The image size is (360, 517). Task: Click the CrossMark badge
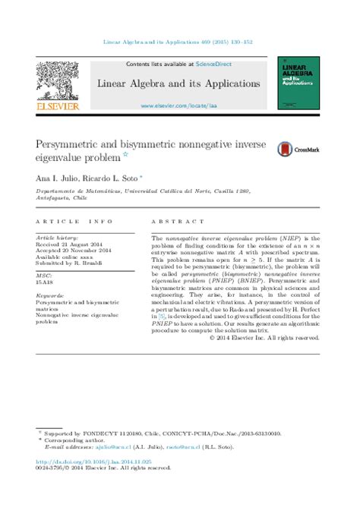pos(298,150)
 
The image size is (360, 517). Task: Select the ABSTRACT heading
pos(169,222)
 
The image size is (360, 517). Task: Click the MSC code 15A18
pos(45,280)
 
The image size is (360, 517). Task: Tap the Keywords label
pos(50,295)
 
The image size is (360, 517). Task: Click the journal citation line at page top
pos(180,42)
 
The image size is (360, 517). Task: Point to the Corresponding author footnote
pos(72,440)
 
